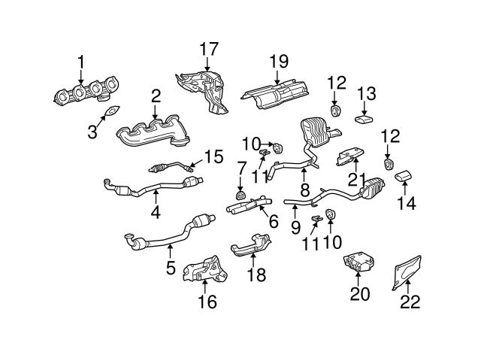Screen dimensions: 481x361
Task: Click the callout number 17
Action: [x=209, y=49]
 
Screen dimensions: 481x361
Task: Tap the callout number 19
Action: [x=279, y=62]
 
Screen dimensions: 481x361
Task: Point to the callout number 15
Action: [x=213, y=156]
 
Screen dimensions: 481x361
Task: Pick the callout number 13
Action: [x=366, y=93]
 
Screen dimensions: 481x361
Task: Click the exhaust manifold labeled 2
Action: [x=153, y=132]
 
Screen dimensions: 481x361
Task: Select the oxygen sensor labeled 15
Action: [x=171, y=167]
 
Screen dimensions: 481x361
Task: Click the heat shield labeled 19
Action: [x=275, y=93]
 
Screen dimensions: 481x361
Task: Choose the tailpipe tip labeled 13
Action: [x=364, y=119]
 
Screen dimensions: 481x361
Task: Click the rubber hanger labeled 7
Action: [x=240, y=195]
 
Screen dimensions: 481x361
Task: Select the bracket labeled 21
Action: [x=350, y=156]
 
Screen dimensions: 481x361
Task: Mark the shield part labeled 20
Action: [x=358, y=261]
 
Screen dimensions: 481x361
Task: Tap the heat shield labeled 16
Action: [x=205, y=269]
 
